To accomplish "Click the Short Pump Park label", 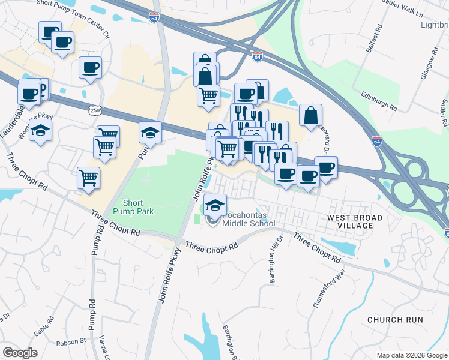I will point(138,207).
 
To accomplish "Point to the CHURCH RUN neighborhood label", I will point(395,320).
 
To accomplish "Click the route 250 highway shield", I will point(94,110).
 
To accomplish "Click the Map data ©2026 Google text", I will point(411,355).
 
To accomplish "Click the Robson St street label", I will point(72,342).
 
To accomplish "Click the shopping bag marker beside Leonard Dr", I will point(310,115).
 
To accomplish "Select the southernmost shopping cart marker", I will point(88,177).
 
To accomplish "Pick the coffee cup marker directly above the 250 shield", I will point(90,67).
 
